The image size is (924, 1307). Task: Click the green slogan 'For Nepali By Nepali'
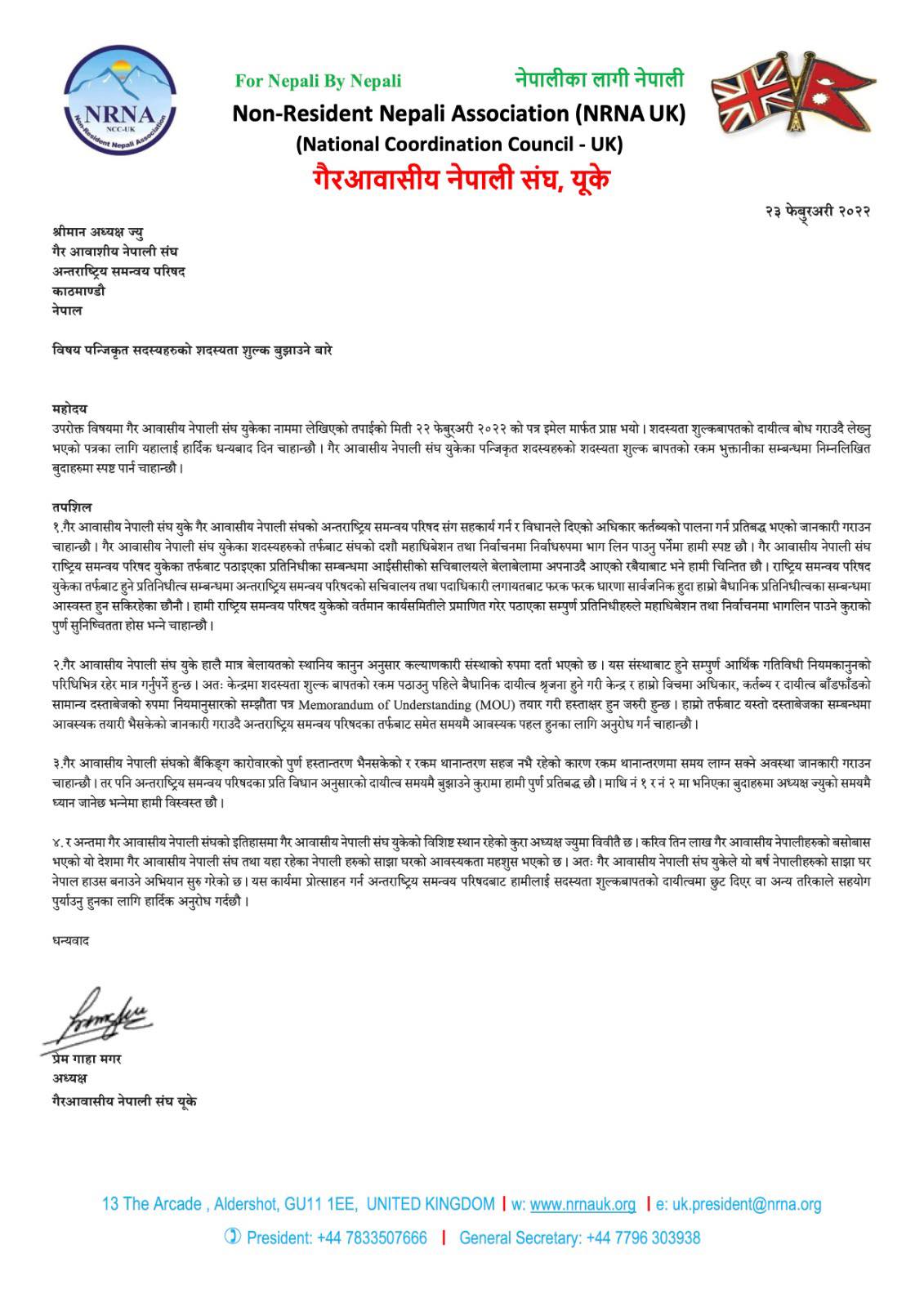[x=318, y=81]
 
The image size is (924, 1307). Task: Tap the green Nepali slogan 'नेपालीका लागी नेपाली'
[x=599, y=78]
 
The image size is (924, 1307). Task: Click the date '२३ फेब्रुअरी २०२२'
[x=816, y=212]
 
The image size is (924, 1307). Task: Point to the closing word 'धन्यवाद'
[x=70, y=940]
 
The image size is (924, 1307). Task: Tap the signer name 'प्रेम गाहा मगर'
[x=86, y=1059]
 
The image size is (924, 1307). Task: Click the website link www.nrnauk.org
[x=583, y=1204]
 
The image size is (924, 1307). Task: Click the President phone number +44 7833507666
[x=378, y=1238]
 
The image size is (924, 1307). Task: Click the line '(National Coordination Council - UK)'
[x=459, y=145]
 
